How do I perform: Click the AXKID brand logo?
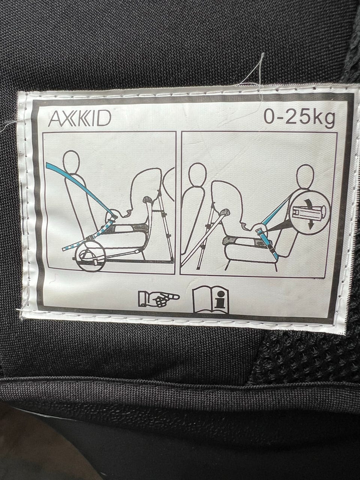click(x=79, y=120)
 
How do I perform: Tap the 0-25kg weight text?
click(x=299, y=119)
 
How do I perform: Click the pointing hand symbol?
click(x=159, y=299)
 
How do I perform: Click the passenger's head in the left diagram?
click(x=71, y=162)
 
